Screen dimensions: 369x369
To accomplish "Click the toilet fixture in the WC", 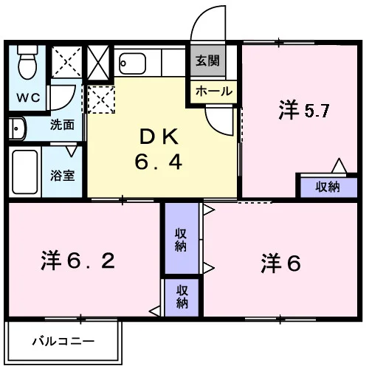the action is tap(27, 62).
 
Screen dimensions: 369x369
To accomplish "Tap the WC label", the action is tap(28, 98).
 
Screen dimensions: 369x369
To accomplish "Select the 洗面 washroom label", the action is tap(62, 125).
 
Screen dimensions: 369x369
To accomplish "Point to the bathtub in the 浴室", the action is tap(25, 172).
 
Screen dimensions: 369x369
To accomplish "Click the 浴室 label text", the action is tap(63, 176).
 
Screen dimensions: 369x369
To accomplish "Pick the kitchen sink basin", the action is tap(133, 63).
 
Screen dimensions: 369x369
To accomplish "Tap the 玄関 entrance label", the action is tap(207, 61).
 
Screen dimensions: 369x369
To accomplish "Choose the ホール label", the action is tap(214, 92).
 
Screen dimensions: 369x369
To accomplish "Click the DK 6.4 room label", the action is tap(159, 150).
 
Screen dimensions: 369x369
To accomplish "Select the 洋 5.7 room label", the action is tap(304, 111).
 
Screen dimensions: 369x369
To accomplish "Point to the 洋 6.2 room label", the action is tap(78, 261).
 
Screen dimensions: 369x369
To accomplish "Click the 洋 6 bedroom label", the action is tap(280, 263).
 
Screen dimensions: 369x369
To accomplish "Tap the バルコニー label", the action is tap(63, 342).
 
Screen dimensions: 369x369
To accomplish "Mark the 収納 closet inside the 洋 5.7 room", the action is tap(328, 187).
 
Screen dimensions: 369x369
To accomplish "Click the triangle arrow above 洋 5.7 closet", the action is tap(339, 165).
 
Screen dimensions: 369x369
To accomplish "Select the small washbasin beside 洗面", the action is tap(17, 128).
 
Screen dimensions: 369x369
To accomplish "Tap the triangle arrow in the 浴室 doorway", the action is tap(72, 151).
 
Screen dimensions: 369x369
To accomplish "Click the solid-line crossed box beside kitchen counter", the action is tap(98, 62).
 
